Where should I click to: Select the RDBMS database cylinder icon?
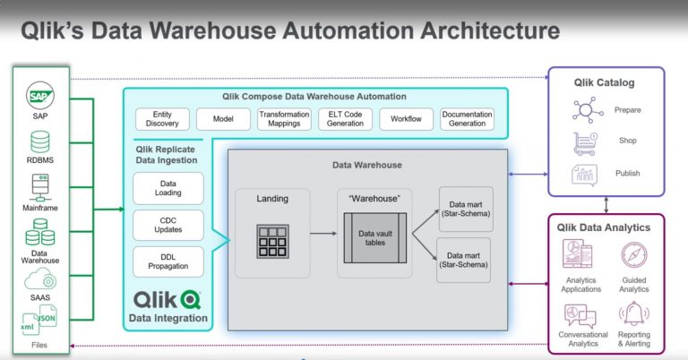click(40, 141)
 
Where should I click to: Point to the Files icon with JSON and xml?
click(40, 321)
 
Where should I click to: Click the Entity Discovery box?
click(162, 119)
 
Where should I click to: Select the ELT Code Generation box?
click(344, 119)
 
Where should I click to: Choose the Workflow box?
click(406, 119)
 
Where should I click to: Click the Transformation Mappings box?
click(283, 119)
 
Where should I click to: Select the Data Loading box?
click(168, 188)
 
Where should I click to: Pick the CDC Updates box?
click(168, 226)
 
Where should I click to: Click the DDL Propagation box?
click(168, 262)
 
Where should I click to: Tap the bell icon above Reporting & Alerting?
click(634, 314)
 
